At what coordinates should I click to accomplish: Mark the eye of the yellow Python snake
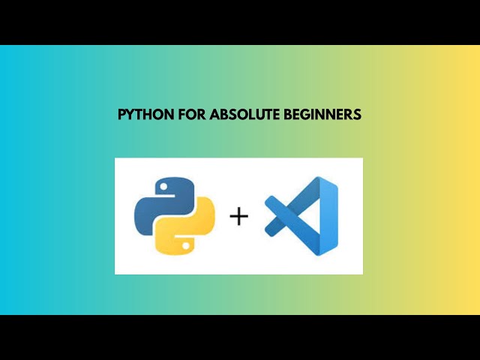(184, 244)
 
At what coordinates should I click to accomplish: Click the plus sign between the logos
(238, 217)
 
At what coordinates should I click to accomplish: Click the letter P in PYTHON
(122, 115)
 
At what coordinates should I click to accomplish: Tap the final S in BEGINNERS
(358, 115)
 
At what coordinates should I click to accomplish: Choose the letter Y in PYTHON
(130, 115)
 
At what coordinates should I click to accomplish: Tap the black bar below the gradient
(240, 337)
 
